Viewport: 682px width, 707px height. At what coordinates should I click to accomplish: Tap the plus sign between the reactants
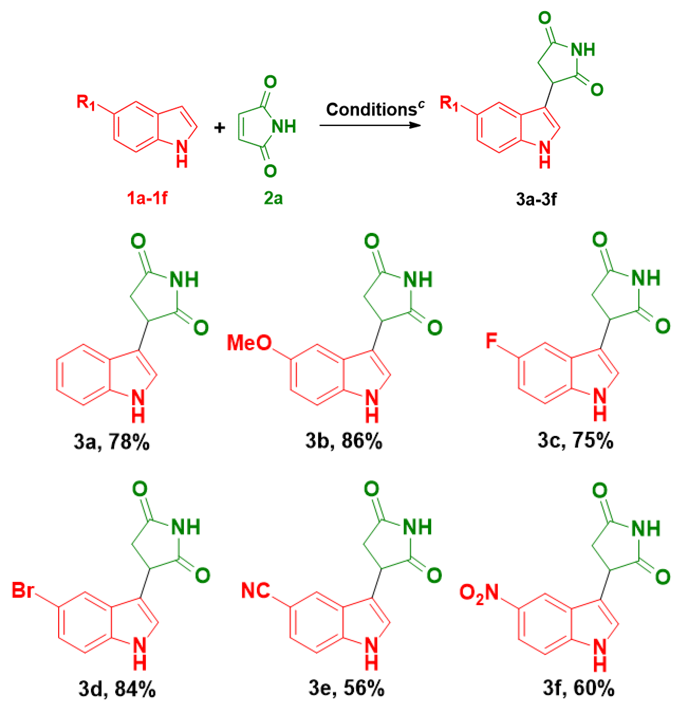pyautogui.click(x=219, y=127)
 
